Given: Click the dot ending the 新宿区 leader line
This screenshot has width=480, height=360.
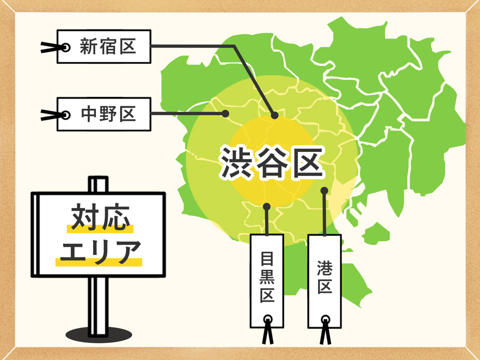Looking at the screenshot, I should [x=274, y=115].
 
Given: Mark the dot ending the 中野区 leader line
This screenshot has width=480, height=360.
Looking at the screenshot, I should [x=225, y=114].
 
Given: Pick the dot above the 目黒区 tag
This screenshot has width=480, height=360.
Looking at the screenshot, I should [x=267, y=206].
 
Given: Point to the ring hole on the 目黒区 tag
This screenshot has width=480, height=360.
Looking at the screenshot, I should [x=268, y=318].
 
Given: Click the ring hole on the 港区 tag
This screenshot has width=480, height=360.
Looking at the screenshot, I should [x=325, y=318].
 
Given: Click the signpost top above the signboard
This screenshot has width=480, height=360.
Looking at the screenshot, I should [x=98, y=183].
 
